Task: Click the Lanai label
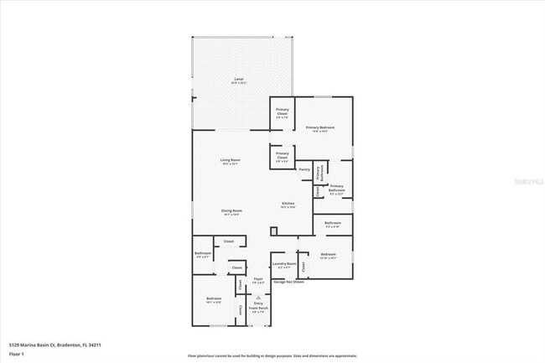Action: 238,80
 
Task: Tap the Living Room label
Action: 231,161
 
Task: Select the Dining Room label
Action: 231,211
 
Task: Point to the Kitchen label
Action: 288,205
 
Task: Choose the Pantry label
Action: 304,169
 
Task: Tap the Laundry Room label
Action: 283,265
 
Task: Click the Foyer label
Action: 258,280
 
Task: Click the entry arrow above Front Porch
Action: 258,297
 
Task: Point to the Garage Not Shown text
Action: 288,282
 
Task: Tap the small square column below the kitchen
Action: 273,231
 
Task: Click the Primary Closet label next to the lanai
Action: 283,112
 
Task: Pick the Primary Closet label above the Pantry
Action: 283,155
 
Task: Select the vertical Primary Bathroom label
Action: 319,172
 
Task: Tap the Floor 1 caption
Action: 17,355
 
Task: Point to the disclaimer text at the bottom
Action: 272,355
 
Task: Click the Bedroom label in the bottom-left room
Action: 214,298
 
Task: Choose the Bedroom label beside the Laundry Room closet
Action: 328,254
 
